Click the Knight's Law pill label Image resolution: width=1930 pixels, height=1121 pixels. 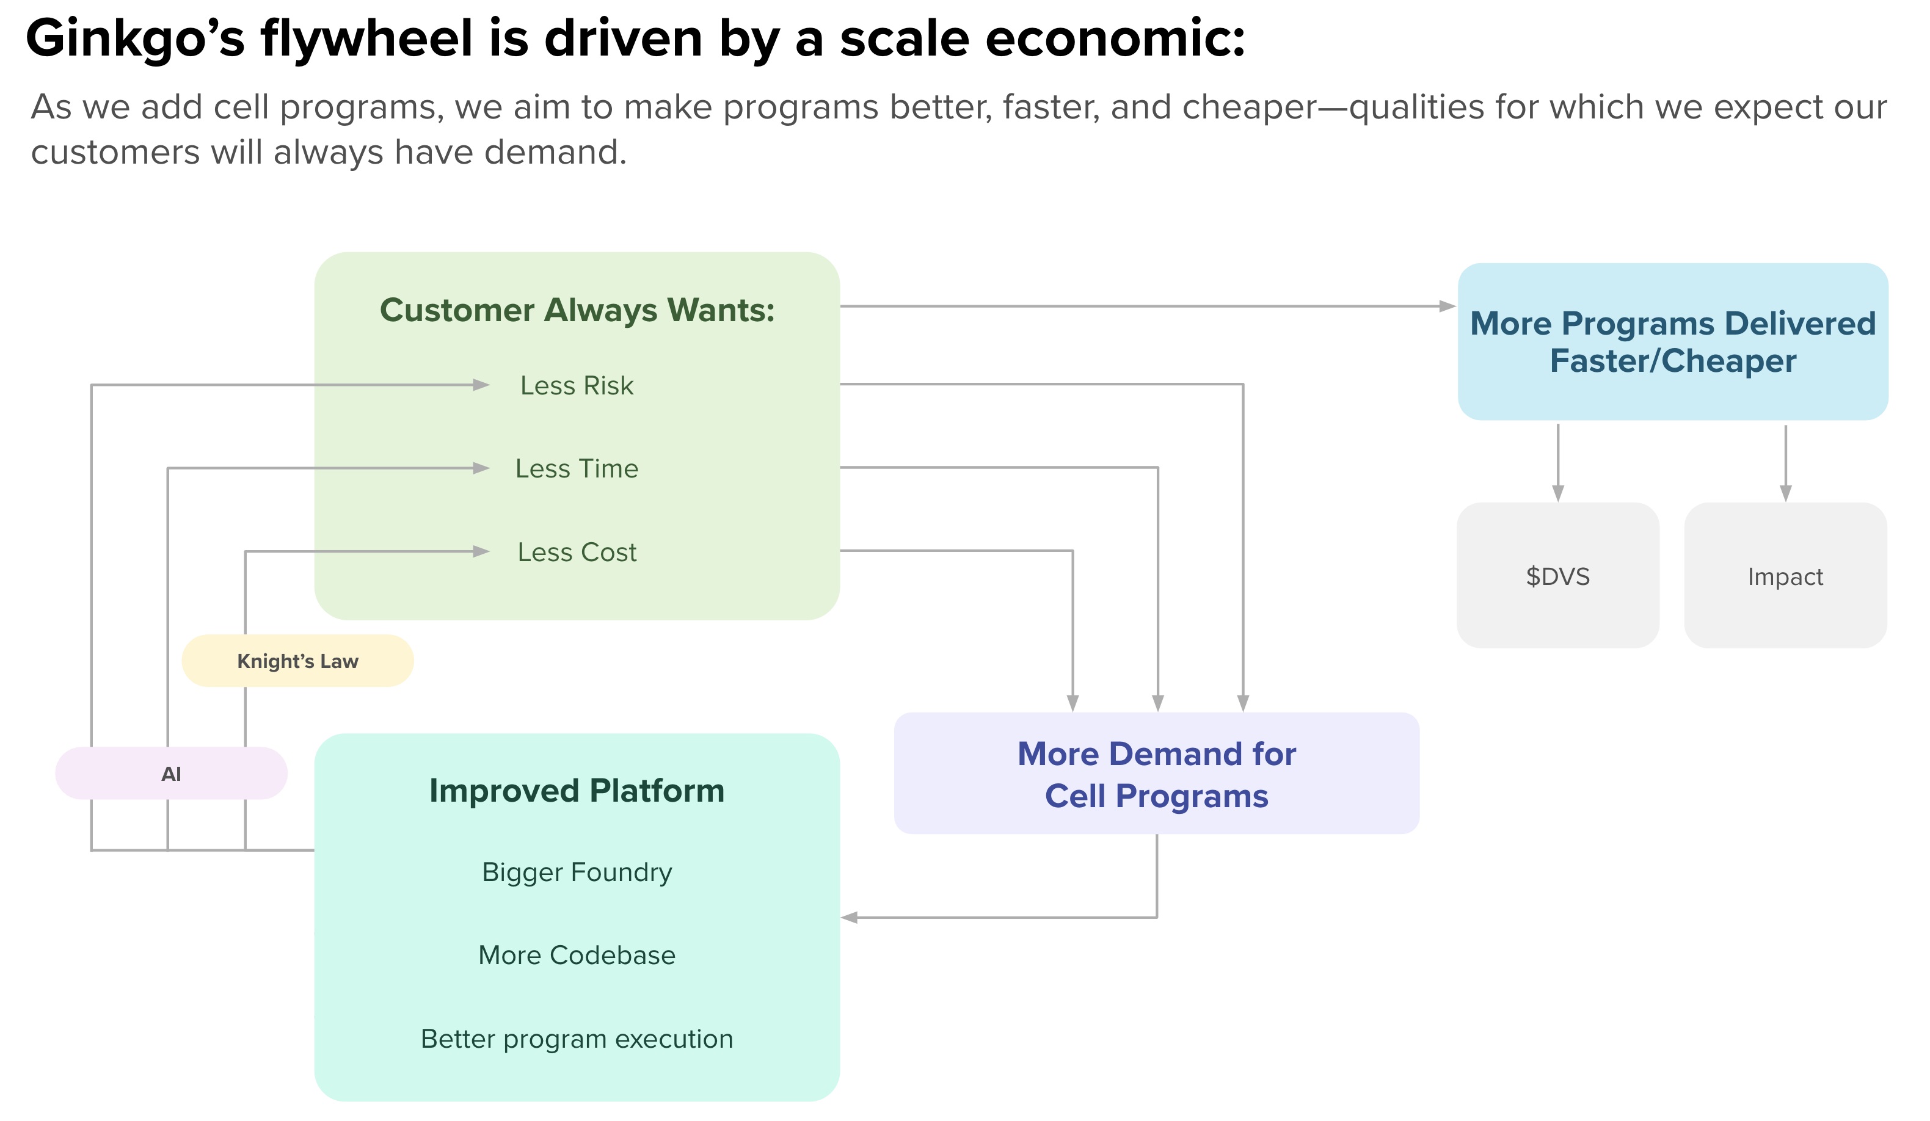click(297, 661)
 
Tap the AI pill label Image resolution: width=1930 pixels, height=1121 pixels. click(171, 774)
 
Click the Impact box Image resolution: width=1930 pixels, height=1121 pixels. click(1785, 576)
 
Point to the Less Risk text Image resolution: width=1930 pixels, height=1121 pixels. click(577, 385)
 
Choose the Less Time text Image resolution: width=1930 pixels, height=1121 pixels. click(577, 468)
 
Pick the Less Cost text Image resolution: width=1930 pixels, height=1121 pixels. click(577, 551)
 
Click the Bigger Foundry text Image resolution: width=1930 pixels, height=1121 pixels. click(577, 871)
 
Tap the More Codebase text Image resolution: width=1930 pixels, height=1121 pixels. click(577, 955)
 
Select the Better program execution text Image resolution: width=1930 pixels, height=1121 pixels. click(577, 1039)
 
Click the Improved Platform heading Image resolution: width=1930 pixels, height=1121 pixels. click(577, 790)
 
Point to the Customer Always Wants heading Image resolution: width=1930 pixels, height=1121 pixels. click(577, 310)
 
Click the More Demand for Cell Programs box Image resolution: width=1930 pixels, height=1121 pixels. click(1156, 774)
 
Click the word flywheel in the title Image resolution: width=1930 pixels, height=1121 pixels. click(366, 38)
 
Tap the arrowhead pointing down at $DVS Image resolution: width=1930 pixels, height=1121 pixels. click(1558, 493)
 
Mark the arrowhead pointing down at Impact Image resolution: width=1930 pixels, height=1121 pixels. click(1785, 493)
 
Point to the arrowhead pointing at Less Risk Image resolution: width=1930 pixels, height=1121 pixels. click(481, 385)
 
